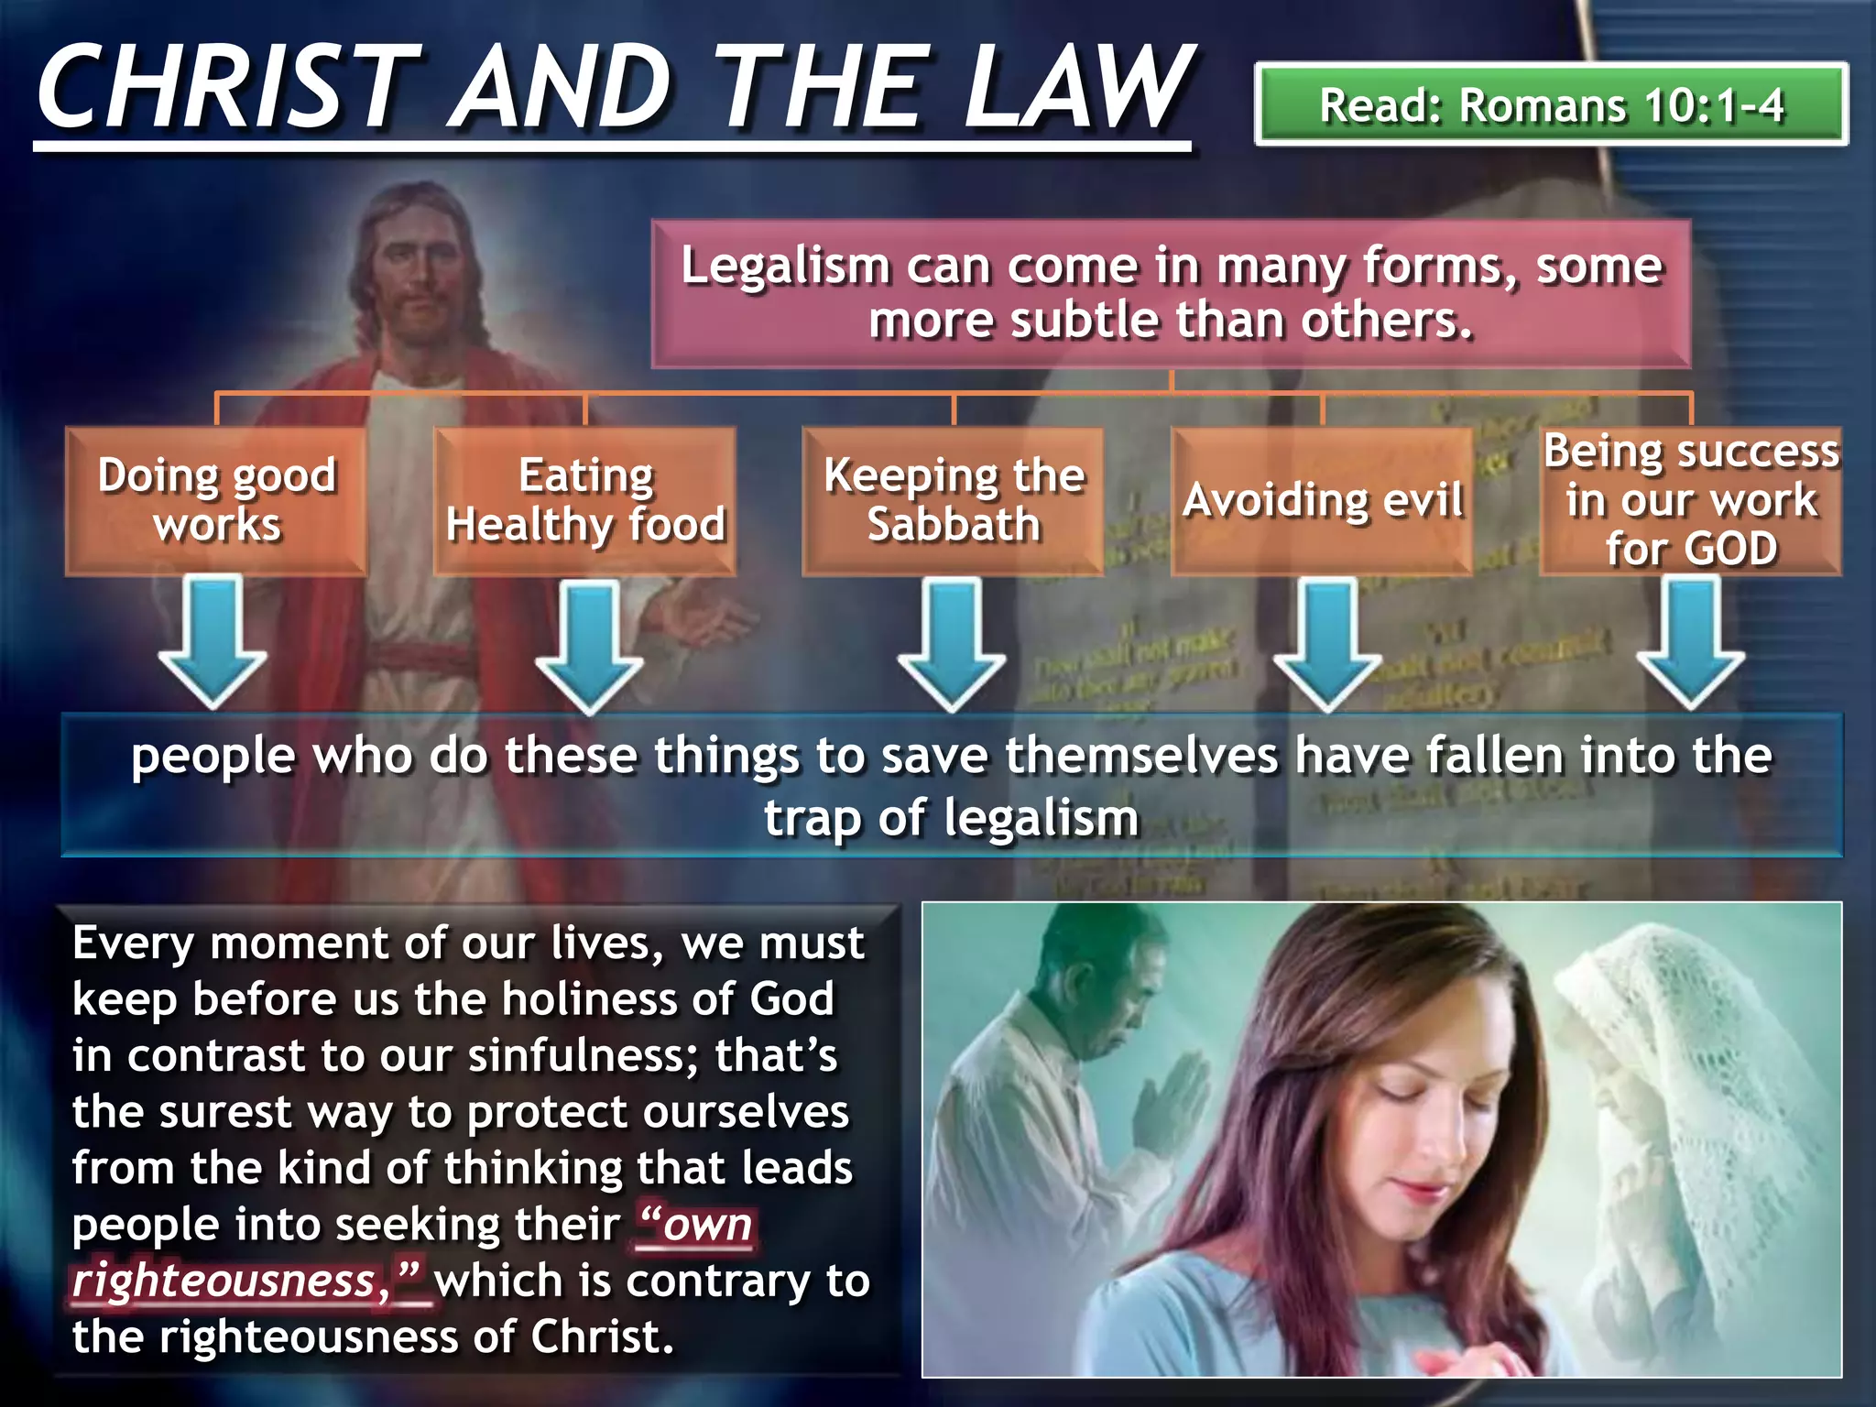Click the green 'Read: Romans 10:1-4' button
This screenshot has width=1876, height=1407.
[1551, 104]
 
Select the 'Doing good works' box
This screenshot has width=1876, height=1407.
[217, 501]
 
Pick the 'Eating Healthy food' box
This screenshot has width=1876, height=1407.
[585, 501]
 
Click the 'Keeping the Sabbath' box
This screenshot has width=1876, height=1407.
[954, 501]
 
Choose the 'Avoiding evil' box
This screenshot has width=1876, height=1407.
[1323, 501]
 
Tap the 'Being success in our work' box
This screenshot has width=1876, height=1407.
[1691, 501]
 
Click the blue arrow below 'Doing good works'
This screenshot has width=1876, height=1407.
[213, 641]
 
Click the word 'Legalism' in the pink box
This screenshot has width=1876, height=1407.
[785, 267]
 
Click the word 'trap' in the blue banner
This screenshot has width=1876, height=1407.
[813, 817]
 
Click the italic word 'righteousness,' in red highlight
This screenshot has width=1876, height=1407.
[225, 1281]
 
